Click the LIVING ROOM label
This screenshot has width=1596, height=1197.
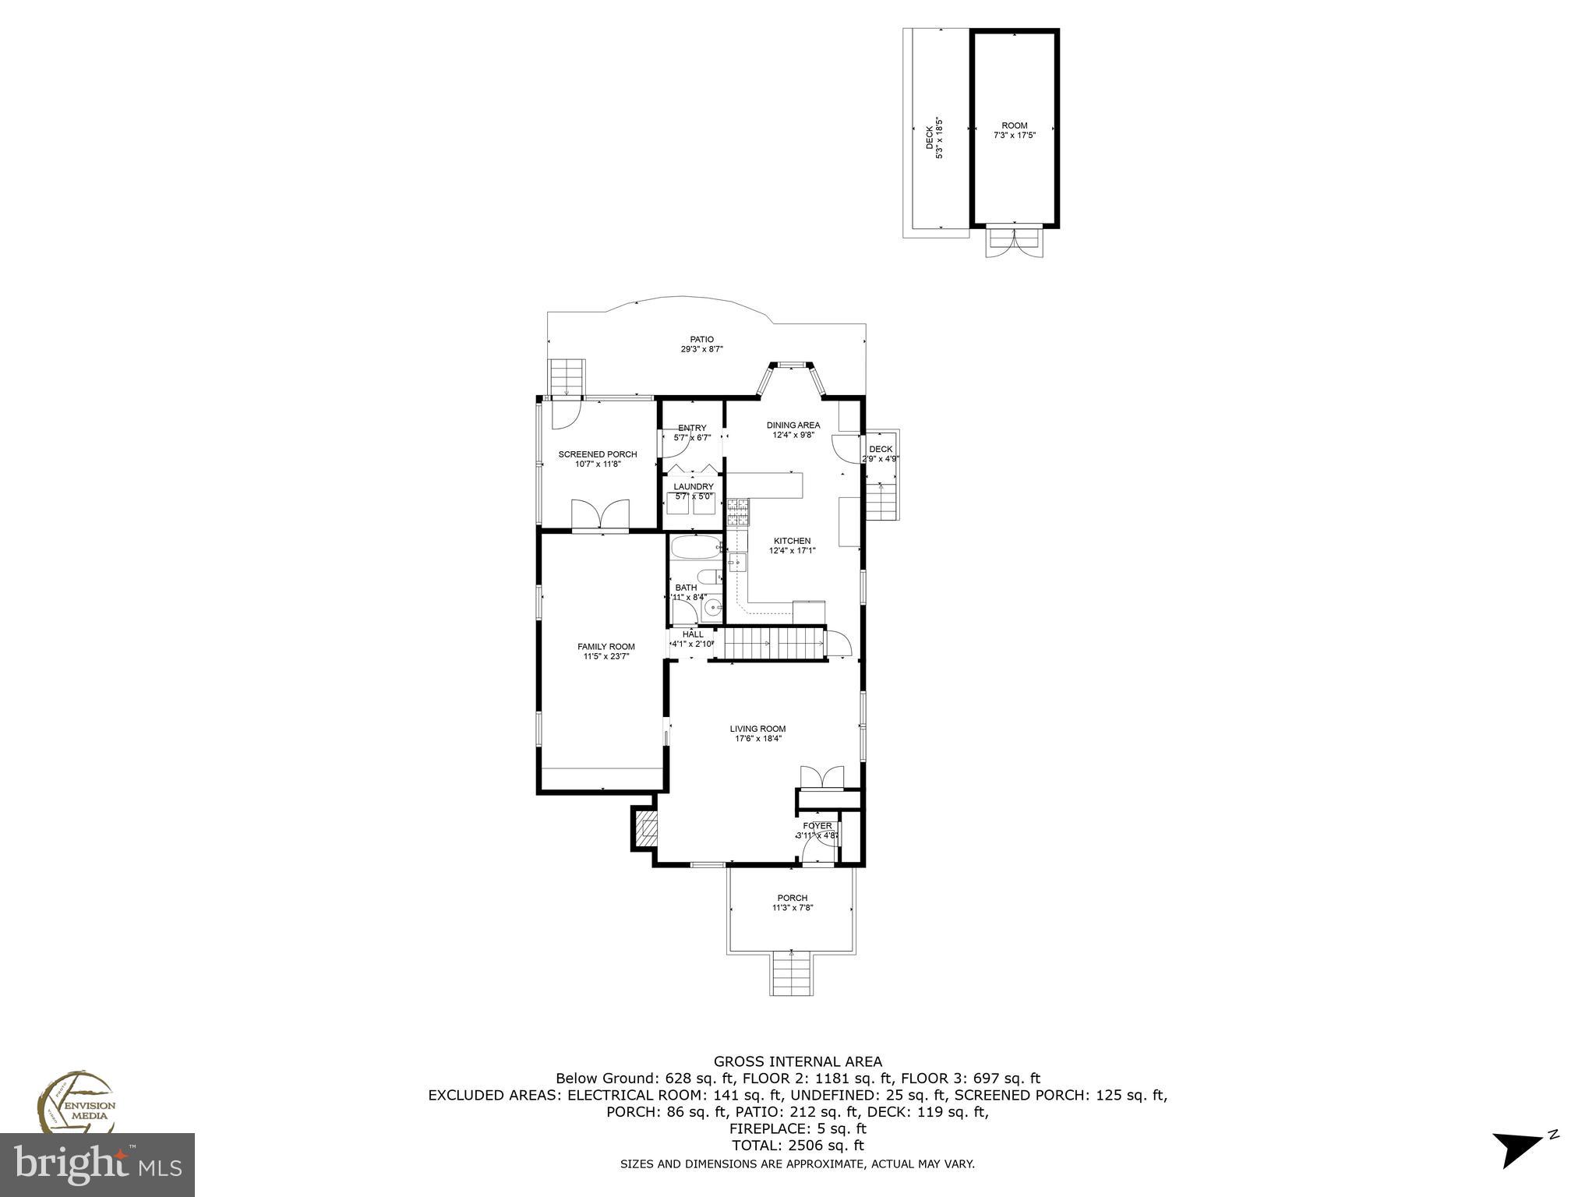(x=757, y=729)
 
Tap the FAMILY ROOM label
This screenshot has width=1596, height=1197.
(x=606, y=646)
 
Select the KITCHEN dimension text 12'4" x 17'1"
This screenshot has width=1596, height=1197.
(x=792, y=550)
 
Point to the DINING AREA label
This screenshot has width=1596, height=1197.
(x=793, y=425)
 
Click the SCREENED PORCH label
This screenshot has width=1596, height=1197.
(x=597, y=454)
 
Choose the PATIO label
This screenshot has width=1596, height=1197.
(x=701, y=339)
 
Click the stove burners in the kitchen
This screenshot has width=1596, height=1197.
(x=736, y=512)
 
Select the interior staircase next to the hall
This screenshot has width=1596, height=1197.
(x=772, y=644)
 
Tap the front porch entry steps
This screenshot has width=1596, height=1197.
(x=792, y=974)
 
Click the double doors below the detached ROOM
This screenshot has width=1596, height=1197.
(x=1014, y=241)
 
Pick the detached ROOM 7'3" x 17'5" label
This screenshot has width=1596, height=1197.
(x=1014, y=129)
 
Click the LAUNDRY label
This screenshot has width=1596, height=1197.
(x=693, y=486)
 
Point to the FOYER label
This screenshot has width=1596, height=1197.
(x=817, y=826)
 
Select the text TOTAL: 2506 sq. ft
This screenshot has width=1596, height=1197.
(x=797, y=1146)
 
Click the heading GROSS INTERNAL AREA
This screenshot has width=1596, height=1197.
(x=797, y=1061)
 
